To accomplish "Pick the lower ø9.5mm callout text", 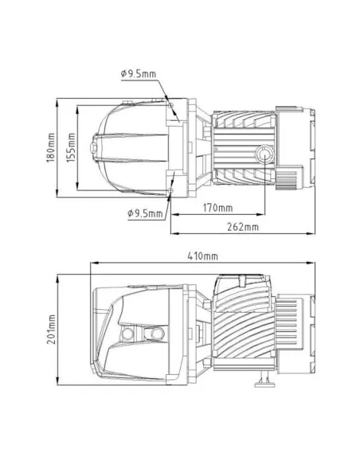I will (144, 213).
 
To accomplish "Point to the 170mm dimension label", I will (217, 208).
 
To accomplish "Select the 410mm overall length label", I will (204, 256).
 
